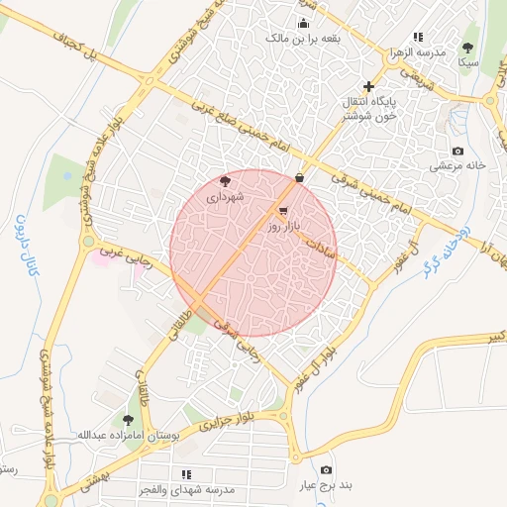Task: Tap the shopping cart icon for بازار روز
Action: (284, 211)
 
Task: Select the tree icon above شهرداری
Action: (226, 180)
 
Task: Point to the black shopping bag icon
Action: (299, 177)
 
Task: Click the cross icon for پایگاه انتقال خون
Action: (369, 86)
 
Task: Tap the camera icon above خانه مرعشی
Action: (456, 151)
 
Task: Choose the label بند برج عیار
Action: (326, 486)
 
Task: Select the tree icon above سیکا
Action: (467, 47)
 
